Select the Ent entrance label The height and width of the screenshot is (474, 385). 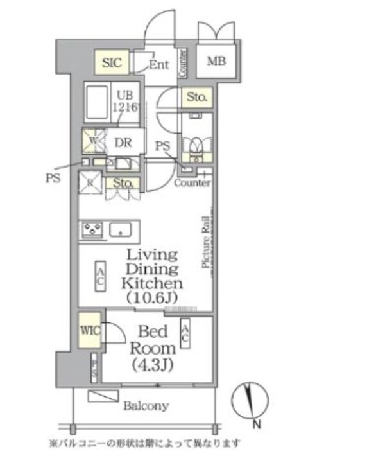(x=158, y=64)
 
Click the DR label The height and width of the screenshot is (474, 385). (x=123, y=143)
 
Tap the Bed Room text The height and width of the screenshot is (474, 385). (x=153, y=340)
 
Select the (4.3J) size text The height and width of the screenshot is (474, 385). (x=153, y=365)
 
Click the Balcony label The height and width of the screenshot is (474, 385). (x=146, y=406)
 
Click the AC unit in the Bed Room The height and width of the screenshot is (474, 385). (x=185, y=333)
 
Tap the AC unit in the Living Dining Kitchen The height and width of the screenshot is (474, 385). (x=101, y=276)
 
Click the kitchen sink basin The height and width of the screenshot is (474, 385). (x=121, y=229)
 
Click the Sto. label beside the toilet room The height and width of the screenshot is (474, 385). (x=196, y=98)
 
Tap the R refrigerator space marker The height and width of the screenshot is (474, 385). (x=90, y=182)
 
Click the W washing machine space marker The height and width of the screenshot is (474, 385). (x=92, y=139)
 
